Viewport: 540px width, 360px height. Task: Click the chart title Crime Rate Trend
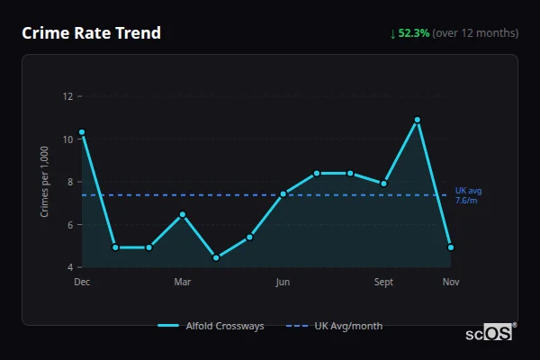click(x=92, y=33)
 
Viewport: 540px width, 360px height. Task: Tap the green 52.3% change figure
click(x=414, y=33)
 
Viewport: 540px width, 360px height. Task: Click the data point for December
click(x=82, y=132)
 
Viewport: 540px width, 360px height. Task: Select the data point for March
click(x=183, y=214)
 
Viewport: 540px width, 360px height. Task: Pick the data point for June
click(x=283, y=193)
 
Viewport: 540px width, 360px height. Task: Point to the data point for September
click(x=383, y=184)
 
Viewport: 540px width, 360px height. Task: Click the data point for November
click(x=450, y=247)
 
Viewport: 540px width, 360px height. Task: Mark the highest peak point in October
click(x=418, y=120)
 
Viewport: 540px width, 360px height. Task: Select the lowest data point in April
click(x=216, y=258)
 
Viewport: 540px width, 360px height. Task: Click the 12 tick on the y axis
click(x=67, y=96)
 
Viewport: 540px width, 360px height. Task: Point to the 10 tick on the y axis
click(x=67, y=139)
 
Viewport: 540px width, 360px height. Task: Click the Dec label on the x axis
click(x=82, y=282)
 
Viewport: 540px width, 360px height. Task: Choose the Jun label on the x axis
click(x=283, y=282)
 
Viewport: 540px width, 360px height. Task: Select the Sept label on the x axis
click(x=383, y=282)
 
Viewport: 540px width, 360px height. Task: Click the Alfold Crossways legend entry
click(x=211, y=326)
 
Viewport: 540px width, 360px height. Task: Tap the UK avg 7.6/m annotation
click(x=468, y=195)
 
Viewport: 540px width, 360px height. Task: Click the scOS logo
click(x=490, y=332)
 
